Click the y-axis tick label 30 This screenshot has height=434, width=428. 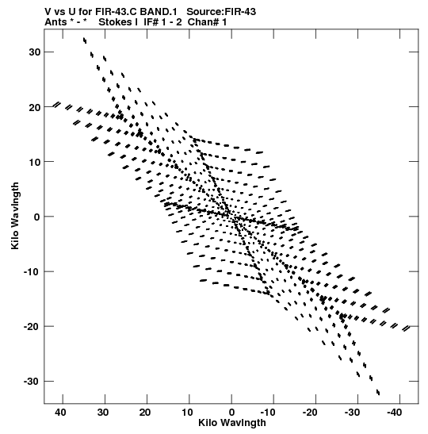34,52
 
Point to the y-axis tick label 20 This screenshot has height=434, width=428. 34,107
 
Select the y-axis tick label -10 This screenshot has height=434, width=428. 32,272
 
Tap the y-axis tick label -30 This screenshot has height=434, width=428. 32,382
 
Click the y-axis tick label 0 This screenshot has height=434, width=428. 37,217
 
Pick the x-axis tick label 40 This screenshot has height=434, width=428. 60,413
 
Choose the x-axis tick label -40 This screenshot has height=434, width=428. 394,413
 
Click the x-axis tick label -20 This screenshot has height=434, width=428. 310,413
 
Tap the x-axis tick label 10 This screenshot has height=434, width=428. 187,413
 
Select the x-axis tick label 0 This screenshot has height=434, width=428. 231,413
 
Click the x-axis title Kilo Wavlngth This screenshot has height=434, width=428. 232,423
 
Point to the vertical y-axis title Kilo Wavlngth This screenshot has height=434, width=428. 15,216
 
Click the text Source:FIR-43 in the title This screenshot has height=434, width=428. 221,12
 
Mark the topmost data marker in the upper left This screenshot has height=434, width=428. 85,40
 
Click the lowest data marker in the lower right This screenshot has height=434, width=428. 378,392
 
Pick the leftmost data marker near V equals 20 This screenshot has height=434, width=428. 57,105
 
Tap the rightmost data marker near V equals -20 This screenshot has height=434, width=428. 406,328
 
